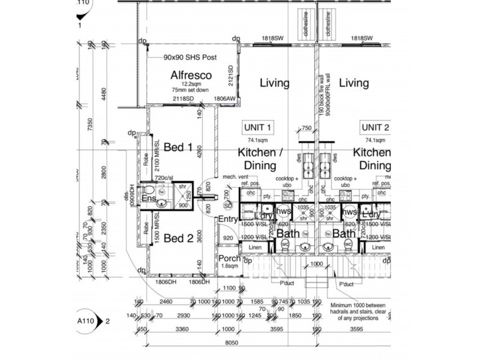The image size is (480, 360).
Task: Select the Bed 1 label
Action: point(178,147)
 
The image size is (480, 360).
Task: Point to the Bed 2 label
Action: point(178,238)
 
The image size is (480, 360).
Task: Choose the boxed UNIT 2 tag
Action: point(375,127)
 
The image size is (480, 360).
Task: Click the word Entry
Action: point(229,220)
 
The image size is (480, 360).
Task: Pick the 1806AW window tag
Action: point(226,98)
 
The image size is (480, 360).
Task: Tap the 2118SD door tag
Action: point(183,98)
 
